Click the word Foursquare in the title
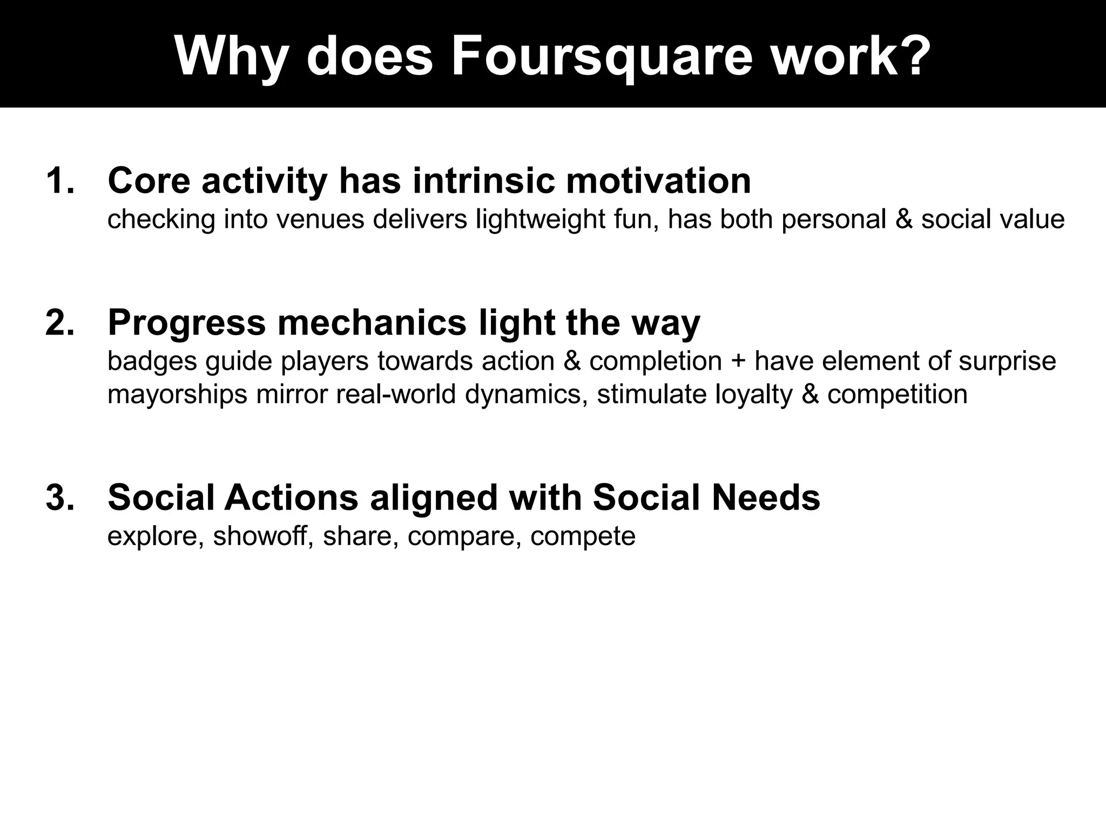(601, 57)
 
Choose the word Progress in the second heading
(186, 323)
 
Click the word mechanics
(372, 323)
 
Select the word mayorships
(177, 395)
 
